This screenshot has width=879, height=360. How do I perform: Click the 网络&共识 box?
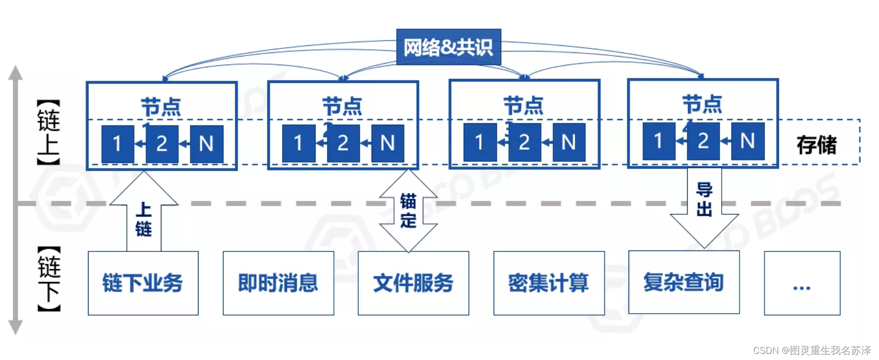tap(448, 47)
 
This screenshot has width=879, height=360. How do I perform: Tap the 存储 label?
tap(816, 145)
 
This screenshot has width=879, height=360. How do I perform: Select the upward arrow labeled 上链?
tap(144, 214)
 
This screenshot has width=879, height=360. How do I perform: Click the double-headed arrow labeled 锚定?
tap(408, 211)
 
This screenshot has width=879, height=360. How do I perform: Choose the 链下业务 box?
tap(143, 283)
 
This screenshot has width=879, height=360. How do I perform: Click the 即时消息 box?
tap(278, 283)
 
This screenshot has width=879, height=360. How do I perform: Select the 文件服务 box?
tap(413, 283)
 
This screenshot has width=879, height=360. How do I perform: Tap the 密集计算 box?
tap(549, 283)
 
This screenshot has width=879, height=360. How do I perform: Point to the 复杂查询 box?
tap(684, 282)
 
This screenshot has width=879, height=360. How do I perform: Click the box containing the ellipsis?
tap(802, 283)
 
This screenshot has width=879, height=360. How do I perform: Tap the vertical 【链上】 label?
tap(49, 132)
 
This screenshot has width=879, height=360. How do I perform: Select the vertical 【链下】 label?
tap(49, 279)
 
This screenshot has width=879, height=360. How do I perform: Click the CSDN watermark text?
tap(811, 350)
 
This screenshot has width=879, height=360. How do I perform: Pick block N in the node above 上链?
tap(206, 144)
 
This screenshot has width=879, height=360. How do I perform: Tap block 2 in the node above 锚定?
tap(343, 143)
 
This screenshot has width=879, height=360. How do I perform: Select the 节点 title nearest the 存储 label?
tap(702, 104)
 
